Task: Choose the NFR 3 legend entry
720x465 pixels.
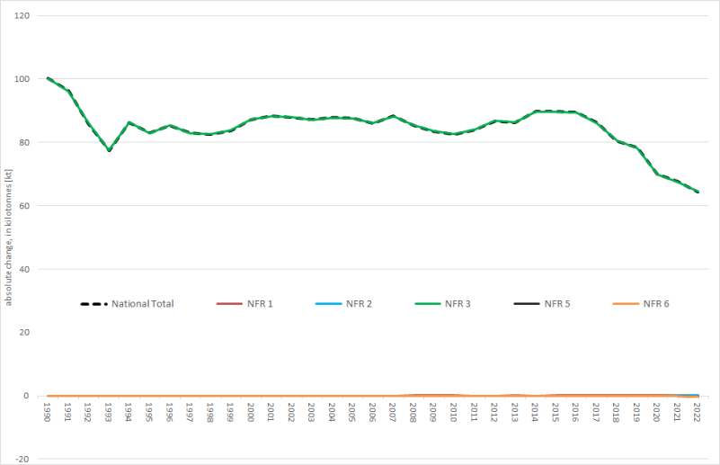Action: [458, 304]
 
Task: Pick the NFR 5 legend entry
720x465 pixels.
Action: [557, 304]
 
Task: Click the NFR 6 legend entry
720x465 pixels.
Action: [657, 304]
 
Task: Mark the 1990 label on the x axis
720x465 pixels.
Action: [48, 413]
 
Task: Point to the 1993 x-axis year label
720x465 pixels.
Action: [109, 413]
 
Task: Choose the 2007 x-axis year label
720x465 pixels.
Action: [393, 413]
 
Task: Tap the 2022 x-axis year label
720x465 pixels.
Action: [697, 413]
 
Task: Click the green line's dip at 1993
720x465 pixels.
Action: [109, 150]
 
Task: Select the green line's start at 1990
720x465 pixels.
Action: [48, 78]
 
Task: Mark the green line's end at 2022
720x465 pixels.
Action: [698, 192]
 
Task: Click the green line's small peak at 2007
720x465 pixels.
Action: [393, 116]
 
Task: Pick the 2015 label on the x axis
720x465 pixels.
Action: [556, 413]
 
